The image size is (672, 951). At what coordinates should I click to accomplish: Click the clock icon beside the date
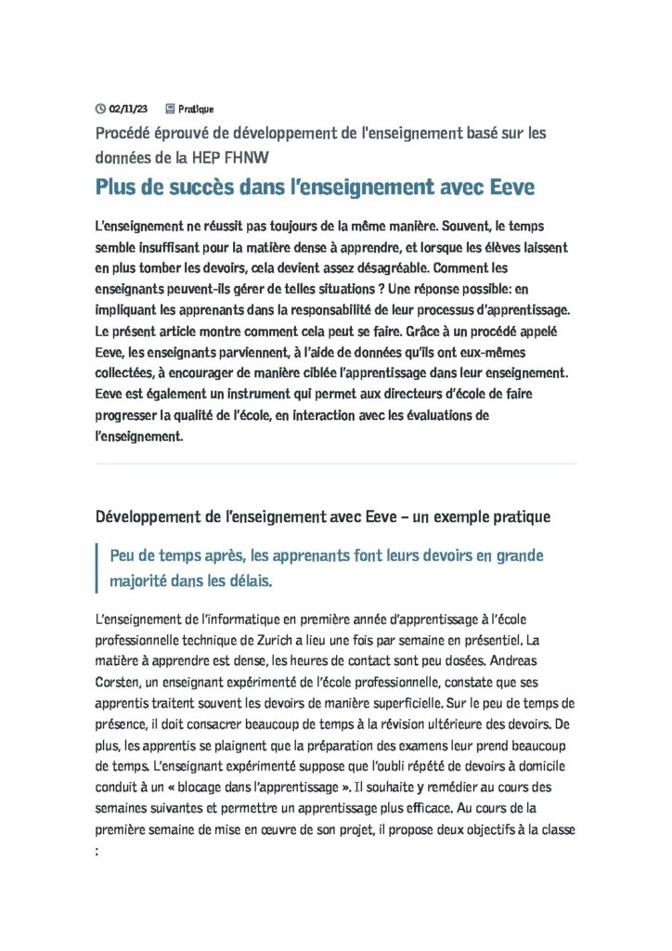pyautogui.click(x=101, y=110)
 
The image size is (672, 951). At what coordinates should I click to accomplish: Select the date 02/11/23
pyautogui.click(x=128, y=110)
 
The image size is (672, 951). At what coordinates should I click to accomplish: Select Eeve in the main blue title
pyautogui.click(x=509, y=188)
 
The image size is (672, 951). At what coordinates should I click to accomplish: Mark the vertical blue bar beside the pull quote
pyautogui.click(x=97, y=568)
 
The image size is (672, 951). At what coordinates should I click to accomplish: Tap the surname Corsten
pyautogui.click(x=121, y=684)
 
